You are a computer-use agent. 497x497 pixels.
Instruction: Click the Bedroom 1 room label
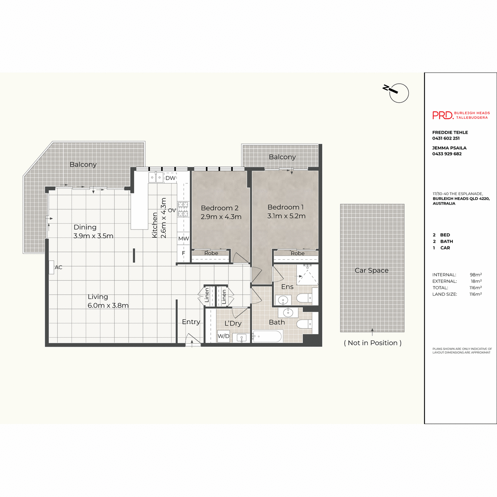click(286, 207)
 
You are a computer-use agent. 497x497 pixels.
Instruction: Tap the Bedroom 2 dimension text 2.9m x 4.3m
click(221, 217)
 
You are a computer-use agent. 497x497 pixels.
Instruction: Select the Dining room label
click(85, 227)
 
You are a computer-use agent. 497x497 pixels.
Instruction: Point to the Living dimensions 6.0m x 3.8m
click(108, 306)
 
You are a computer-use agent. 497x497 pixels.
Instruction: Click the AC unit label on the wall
click(58, 267)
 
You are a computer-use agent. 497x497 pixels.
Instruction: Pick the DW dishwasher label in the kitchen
click(170, 178)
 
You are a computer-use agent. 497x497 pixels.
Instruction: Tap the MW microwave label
click(183, 239)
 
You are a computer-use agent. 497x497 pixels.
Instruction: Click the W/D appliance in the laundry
click(223, 336)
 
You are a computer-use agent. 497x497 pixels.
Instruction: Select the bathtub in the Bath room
click(268, 336)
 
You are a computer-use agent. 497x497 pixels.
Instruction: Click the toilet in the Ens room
click(303, 298)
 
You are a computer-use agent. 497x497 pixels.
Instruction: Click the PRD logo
click(443, 115)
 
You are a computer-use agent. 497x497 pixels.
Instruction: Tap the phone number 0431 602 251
click(446, 138)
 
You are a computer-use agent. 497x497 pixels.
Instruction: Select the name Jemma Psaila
click(449, 148)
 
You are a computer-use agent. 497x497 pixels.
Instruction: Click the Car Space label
click(372, 270)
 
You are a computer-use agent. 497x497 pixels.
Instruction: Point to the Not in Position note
click(372, 343)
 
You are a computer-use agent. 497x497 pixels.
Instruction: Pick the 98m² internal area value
click(475, 275)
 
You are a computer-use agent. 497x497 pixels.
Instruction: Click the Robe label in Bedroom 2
click(211, 253)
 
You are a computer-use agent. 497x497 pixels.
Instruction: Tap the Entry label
click(191, 322)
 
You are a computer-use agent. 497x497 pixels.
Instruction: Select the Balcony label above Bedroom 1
click(282, 157)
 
